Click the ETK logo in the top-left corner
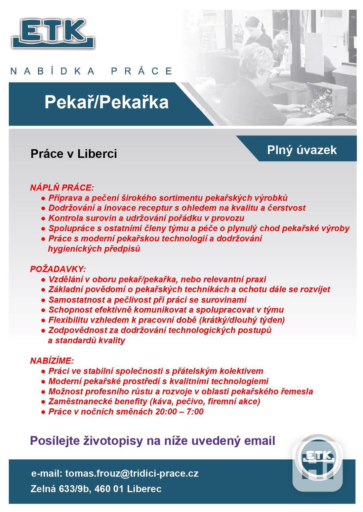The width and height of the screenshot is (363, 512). (x=53, y=34)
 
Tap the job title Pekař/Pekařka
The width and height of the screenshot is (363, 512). (x=107, y=102)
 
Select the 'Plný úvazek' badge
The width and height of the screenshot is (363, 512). (x=302, y=150)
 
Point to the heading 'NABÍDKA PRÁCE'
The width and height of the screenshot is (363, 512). (x=91, y=71)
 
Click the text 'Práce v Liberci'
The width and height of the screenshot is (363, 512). (x=74, y=154)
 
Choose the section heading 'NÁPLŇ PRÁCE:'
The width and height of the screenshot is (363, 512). (x=62, y=187)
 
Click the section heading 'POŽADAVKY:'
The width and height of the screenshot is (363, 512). (x=58, y=269)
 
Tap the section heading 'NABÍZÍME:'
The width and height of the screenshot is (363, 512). (x=52, y=361)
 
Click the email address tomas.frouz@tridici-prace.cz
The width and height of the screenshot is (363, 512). (x=131, y=473)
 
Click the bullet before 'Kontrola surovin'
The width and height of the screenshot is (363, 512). (x=43, y=218)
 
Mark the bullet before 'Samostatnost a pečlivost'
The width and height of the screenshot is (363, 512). (x=43, y=300)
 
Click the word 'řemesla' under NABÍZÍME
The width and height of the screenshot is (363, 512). (x=297, y=391)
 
